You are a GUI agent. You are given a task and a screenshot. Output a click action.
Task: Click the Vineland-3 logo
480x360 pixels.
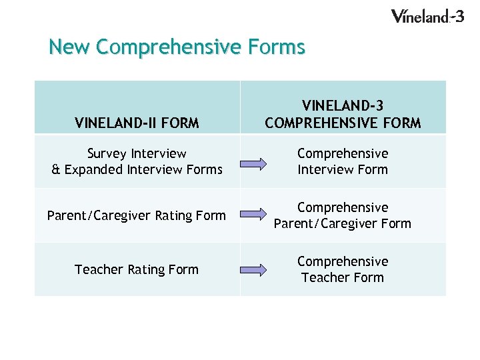[427, 16]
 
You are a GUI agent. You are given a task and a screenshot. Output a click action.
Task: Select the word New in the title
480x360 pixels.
[70, 47]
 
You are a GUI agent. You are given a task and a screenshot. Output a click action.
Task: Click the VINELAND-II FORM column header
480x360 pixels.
[137, 123]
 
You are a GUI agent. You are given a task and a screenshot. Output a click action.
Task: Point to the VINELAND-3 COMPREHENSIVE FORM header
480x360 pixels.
[343, 114]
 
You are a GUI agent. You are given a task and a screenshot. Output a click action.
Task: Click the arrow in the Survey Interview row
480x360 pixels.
[253, 161]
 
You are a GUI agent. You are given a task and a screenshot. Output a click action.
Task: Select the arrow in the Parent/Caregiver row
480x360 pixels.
[253, 215]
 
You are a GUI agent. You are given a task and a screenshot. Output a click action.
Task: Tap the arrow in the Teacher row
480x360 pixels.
[253, 269]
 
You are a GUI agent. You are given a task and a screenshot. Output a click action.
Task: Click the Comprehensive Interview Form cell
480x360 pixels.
[343, 161]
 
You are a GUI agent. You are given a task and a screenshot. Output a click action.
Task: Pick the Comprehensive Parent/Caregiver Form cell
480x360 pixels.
[343, 215]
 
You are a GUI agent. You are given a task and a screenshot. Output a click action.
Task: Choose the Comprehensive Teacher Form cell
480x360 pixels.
[343, 269]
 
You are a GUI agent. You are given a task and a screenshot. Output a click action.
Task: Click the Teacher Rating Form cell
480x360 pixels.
[137, 269]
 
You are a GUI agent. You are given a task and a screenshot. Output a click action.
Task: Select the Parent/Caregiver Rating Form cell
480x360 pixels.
[137, 215]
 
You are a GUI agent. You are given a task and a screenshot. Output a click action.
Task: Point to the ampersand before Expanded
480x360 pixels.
[56, 170]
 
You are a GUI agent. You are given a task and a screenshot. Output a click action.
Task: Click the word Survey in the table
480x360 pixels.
[110, 153]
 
